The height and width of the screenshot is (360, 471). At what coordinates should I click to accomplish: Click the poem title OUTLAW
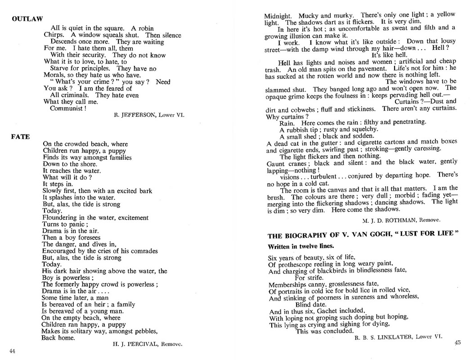point(27,19)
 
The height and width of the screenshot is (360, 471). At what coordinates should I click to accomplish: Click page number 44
point(13,351)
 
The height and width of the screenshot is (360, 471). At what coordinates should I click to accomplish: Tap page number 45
point(458,342)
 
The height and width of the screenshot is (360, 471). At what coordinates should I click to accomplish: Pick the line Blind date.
point(311,304)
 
